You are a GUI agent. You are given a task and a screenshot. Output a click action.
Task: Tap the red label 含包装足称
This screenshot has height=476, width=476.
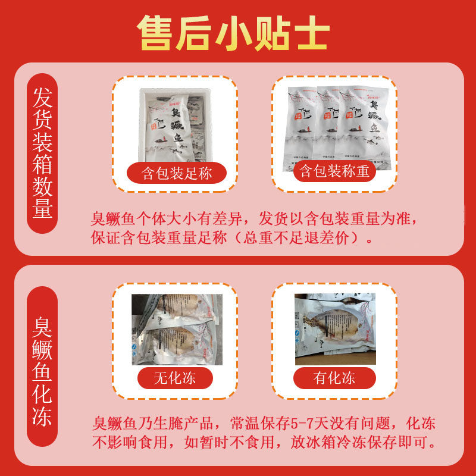coord(177,173)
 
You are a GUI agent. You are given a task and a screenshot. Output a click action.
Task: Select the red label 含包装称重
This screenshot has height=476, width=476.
coord(334,172)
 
